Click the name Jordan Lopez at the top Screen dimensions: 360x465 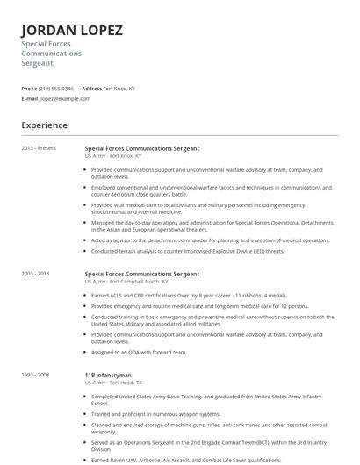click(x=72, y=30)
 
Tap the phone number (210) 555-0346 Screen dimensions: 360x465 click(x=56, y=89)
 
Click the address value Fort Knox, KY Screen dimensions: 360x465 click(x=119, y=89)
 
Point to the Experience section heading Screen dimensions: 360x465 click(x=45, y=125)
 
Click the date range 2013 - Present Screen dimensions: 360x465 click(x=39, y=148)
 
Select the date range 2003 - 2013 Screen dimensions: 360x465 click(x=36, y=274)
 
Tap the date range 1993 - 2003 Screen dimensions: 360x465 click(x=36, y=375)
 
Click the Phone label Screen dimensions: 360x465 click(x=29, y=89)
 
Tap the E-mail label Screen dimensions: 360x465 click(x=30, y=98)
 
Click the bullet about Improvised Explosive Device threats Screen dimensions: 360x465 click(x=188, y=251)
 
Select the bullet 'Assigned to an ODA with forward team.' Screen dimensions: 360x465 click(x=139, y=352)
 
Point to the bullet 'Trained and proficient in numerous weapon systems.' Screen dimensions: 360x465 click(x=155, y=414)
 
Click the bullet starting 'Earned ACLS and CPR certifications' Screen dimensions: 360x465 click(x=194, y=296)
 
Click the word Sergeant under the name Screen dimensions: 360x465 click(x=38, y=63)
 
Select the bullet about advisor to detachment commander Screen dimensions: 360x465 click(x=210, y=240)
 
